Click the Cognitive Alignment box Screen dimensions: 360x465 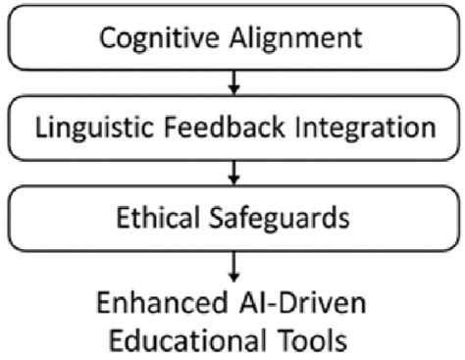coord(232,40)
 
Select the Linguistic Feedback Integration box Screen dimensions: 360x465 coord(232,129)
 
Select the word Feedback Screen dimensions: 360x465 coord(218,129)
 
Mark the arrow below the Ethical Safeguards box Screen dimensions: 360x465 coord(232,263)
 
